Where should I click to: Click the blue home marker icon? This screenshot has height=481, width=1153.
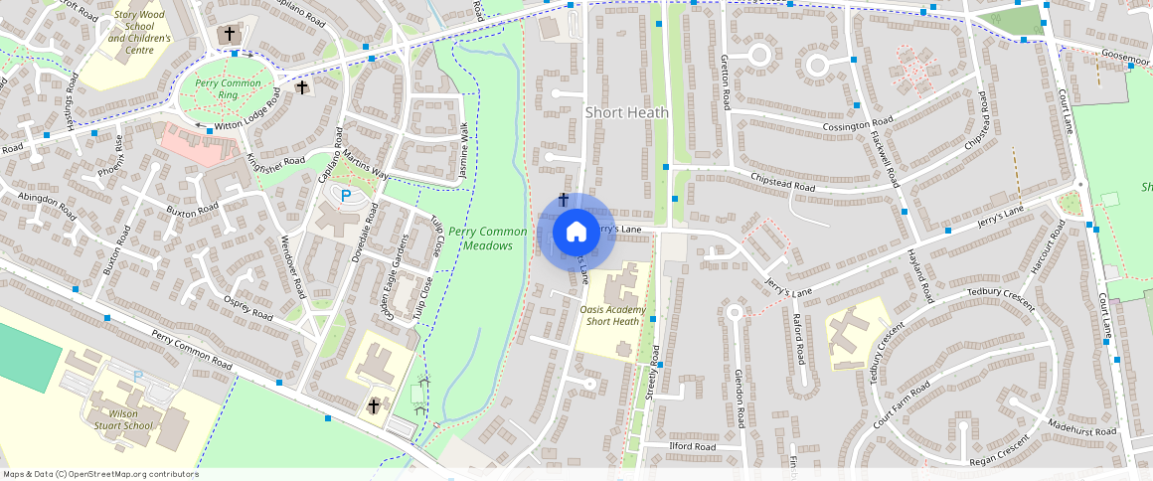pos(576,233)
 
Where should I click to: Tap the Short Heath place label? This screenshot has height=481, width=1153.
pos(626,112)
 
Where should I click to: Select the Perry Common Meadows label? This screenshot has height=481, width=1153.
pos(480,239)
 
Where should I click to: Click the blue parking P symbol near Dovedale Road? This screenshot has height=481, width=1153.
pos(346,196)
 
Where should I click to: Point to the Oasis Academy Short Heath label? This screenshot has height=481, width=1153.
pos(611,315)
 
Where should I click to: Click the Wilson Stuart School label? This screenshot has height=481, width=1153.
pos(125,419)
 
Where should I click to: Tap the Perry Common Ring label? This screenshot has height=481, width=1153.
pos(227,88)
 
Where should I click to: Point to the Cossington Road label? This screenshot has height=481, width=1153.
pos(860,127)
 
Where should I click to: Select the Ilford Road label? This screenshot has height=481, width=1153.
pos(693,447)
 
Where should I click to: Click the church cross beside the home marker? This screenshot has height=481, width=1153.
pos(564,200)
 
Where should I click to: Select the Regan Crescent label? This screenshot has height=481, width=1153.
pos(1000,453)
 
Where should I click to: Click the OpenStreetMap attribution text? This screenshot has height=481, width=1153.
pos(99,474)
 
